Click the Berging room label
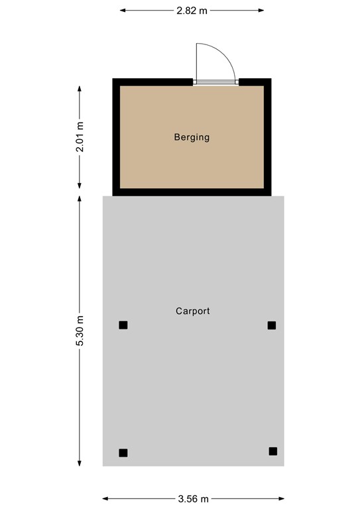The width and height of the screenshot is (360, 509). coord(192,138)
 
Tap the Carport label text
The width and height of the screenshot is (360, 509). coord(193,311)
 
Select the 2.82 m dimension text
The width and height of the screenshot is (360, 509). coord(192,11)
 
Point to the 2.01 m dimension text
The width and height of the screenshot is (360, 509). coord(80,137)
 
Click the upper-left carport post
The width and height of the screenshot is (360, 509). coord(123,325)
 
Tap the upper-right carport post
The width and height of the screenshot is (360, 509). coord(271,325)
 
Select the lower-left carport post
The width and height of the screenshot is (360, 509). coord(123,453)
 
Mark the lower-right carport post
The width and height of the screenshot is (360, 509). coord(272,451)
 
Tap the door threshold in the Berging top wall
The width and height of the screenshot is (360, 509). coord(215,82)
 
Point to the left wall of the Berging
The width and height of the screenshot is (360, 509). coord(116,137)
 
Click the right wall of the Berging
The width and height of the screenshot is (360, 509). coord(268,137)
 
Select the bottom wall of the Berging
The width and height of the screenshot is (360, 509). coord(192,192)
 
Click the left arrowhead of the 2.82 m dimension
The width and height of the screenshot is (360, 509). coord(123,11)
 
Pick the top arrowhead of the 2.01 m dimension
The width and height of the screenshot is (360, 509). coord(80,87)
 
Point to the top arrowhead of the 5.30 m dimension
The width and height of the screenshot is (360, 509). coord(80,198)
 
